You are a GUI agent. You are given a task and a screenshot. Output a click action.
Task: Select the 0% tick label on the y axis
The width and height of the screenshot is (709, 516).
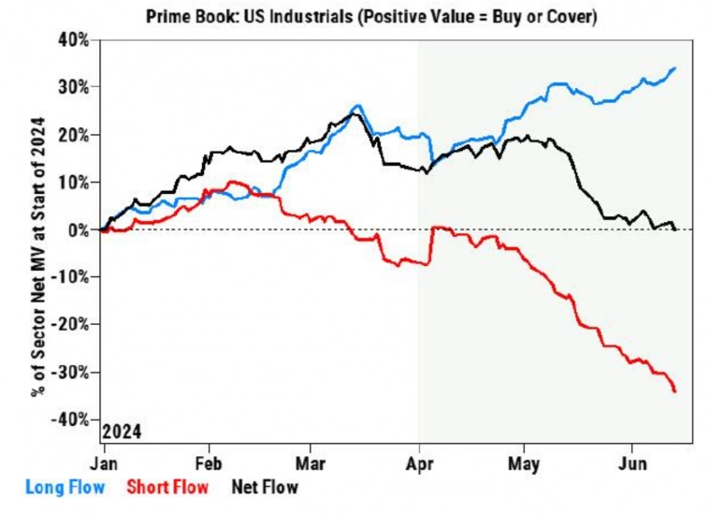coord(81,229)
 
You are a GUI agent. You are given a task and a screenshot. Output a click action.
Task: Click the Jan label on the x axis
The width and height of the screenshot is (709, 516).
coord(103,463)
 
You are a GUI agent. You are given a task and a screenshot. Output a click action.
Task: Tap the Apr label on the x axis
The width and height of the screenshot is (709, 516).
coord(420,463)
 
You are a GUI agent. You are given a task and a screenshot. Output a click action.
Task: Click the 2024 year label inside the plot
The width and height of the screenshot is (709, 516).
coord(122,432)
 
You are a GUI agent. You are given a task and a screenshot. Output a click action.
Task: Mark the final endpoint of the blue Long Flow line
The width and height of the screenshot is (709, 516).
coord(675,68)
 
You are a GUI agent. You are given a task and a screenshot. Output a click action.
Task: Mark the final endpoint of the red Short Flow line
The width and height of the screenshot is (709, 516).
coord(675,391)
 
